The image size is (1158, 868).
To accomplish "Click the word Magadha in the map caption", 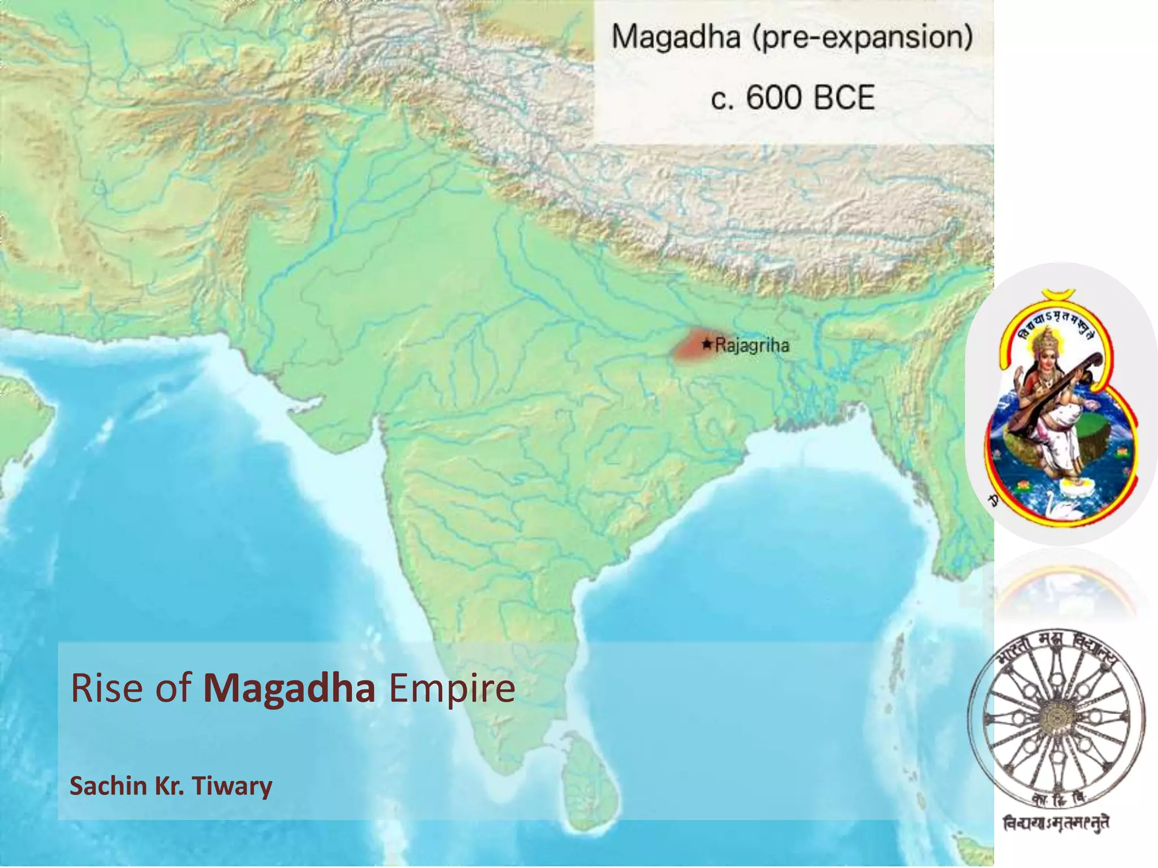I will pyautogui.click(x=676, y=37).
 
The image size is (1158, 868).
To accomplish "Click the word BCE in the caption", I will pyautogui.click(x=844, y=98).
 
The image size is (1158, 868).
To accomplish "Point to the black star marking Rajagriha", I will pyautogui.click(x=706, y=344).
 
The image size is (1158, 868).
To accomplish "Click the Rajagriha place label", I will pyautogui.click(x=752, y=345).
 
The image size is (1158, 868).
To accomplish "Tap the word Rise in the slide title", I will pyautogui.click(x=106, y=688).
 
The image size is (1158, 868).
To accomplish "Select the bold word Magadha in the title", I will pyautogui.click(x=289, y=688).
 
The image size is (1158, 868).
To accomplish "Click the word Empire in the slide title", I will pyautogui.click(x=452, y=688).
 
